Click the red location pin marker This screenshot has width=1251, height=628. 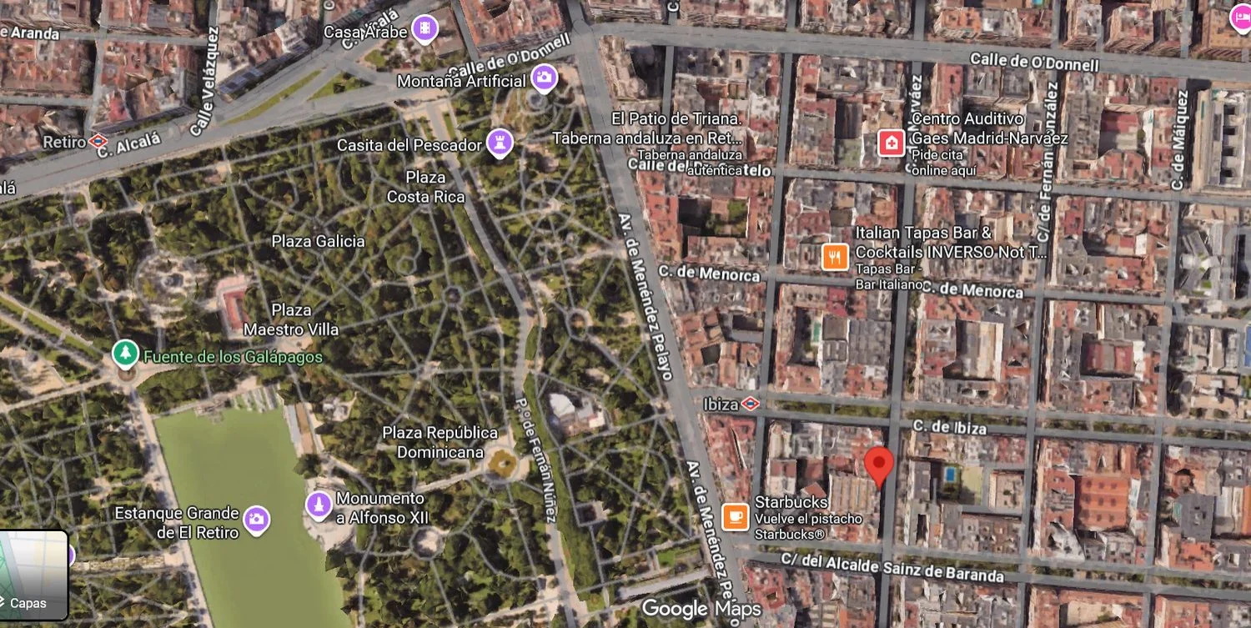point(878,463)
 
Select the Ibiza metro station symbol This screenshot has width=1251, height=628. point(750,404)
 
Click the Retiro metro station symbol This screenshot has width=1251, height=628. point(98,142)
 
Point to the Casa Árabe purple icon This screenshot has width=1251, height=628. point(425,29)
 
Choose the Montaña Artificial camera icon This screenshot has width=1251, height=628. point(544,78)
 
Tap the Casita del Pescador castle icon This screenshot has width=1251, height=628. point(500,143)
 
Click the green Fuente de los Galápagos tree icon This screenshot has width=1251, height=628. point(125,354)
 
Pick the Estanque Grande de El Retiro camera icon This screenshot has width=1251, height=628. point(256,520)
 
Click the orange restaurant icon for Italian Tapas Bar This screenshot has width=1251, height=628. point(835,256)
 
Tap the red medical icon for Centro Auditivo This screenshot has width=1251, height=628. point(892,143)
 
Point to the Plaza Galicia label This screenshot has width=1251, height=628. point(318,241)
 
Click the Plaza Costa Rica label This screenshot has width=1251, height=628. point(425,187)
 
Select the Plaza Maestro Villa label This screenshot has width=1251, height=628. point(291,320)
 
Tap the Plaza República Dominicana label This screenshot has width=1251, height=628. point(440,443)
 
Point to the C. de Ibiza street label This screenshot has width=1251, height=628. point(949,427)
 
